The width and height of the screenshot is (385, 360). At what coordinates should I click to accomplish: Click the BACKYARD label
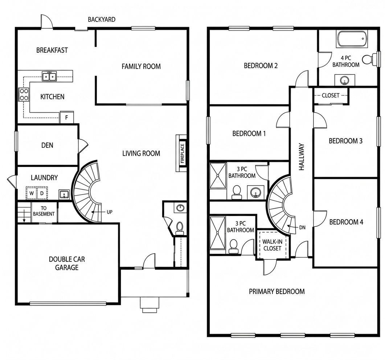102,19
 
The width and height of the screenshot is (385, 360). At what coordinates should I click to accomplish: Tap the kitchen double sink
49,76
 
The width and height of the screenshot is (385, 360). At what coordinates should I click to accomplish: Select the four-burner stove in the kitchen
24,95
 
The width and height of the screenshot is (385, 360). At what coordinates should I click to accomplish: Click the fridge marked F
66,117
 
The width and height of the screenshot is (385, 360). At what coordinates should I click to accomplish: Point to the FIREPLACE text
182,154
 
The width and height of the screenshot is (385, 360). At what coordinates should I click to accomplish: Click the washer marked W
32,193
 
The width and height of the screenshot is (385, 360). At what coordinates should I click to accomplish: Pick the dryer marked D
42,193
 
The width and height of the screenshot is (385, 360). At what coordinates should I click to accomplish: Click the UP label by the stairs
110,212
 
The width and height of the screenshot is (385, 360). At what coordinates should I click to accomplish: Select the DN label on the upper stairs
302,228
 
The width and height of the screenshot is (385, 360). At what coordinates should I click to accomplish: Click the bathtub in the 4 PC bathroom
352,39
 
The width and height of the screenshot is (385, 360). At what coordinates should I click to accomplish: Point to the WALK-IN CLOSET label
272,245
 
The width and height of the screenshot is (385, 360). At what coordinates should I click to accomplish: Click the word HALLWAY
302,157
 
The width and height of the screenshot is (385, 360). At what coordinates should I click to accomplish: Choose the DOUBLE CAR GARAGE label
67,263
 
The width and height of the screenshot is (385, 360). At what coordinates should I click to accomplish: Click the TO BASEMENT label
44,211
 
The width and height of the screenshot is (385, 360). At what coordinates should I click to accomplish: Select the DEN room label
47,145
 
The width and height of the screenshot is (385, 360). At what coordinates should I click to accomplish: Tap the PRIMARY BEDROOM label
277,291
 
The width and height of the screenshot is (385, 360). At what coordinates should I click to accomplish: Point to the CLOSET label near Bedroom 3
331,95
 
